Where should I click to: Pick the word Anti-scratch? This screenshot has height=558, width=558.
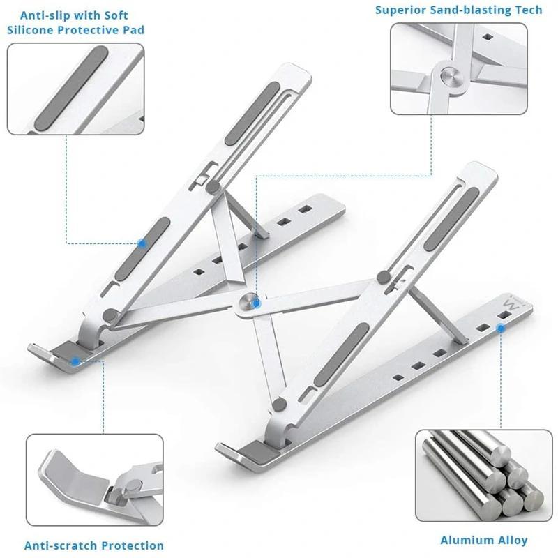coord(62,545)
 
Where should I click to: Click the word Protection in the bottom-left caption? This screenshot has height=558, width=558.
coord(133,545)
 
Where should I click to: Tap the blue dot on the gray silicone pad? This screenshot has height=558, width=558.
coord(142,243)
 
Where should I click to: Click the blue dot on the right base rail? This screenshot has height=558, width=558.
coord(502,325)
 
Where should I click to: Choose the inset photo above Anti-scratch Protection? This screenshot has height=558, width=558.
coord(95,479)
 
